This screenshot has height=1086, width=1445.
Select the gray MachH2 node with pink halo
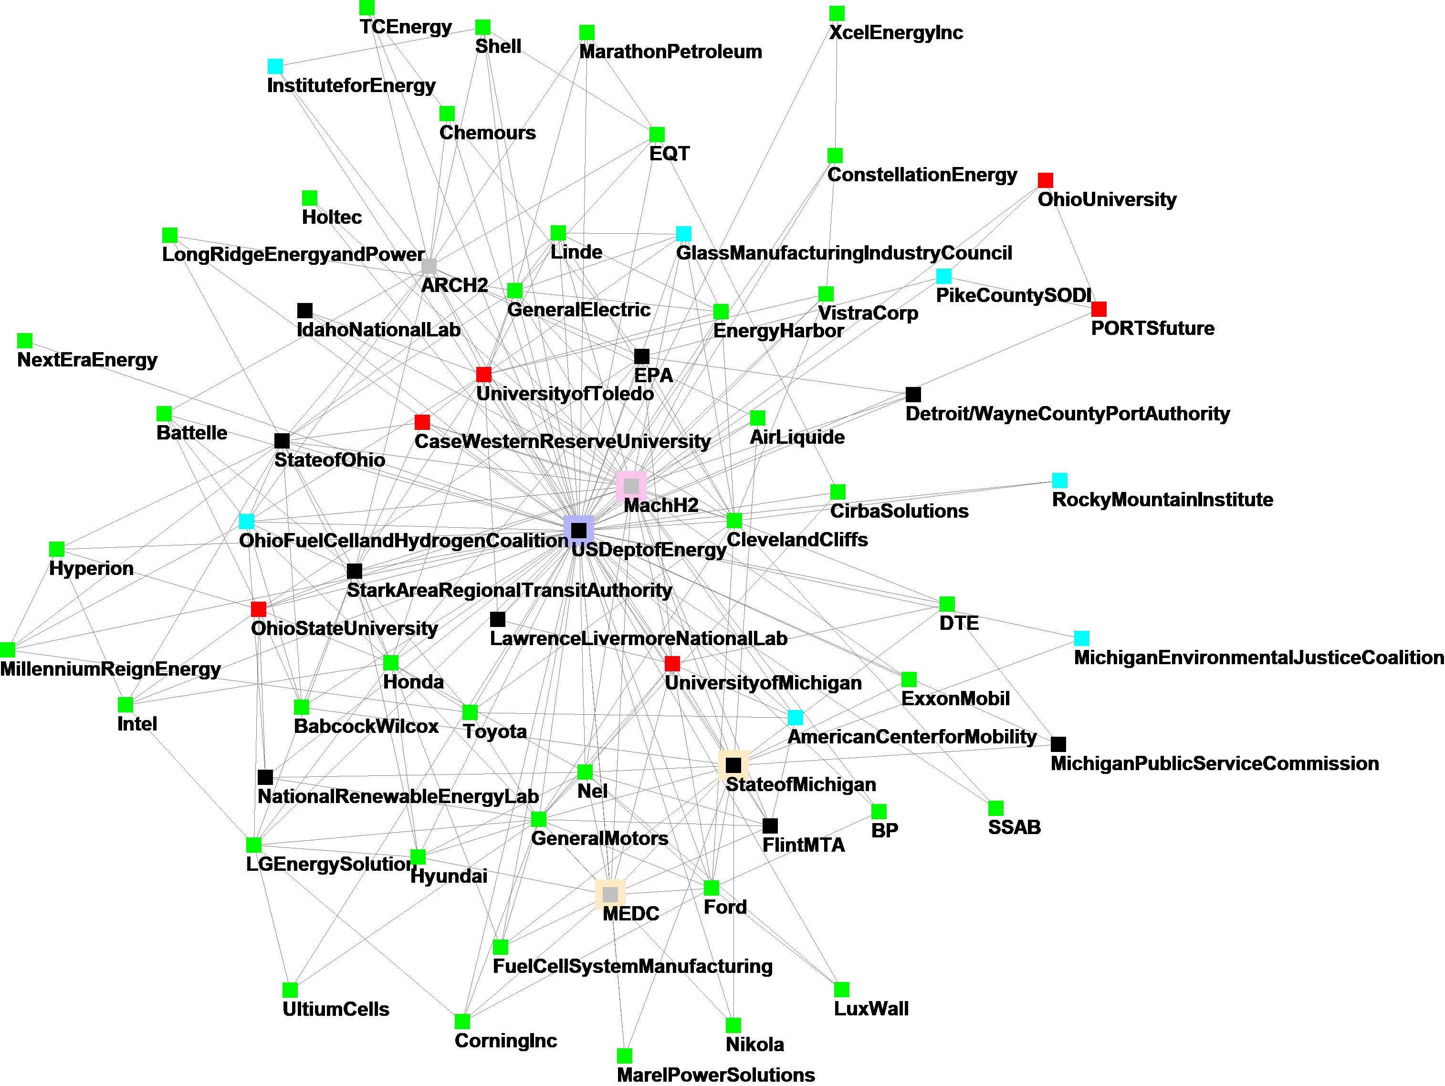pos(631,486)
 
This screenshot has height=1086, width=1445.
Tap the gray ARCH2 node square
pos(429,266)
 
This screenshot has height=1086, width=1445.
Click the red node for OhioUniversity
pos(1045,180)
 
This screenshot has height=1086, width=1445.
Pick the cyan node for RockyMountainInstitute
pos(1059,480)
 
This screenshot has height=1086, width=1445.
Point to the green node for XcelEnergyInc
pos(837,13)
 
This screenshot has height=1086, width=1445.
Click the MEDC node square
pos(610,894)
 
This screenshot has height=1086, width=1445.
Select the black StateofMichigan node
pos(733,765)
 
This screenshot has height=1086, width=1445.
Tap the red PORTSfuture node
pos(1099,309)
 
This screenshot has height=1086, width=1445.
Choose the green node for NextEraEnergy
pos(25,340)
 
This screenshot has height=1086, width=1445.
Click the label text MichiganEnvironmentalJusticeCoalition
pos(1258,658)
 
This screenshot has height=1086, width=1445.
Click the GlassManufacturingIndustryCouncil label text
pos(844,253)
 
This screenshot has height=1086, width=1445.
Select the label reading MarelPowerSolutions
pos(716,1075)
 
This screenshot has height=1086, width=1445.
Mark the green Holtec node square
pos(310,198)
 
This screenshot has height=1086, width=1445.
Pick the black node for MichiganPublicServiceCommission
pos(1058,744)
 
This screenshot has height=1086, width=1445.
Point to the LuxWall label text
pos(871,1009)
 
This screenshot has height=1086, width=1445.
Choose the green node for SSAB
pos(995,808)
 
